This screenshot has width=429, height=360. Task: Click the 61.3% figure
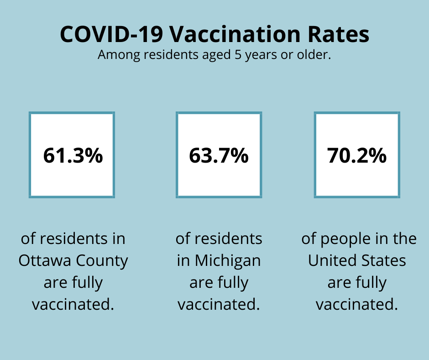[x=73, y=156]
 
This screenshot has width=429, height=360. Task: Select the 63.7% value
[x=219, y=156]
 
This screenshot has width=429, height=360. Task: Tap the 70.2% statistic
[x=356, y=156]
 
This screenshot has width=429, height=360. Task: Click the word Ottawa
[x=44, y=260]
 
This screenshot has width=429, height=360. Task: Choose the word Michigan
[x=228, y=260]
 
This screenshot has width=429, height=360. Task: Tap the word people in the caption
[x=344, y=239]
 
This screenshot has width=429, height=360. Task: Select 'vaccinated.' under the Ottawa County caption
[x=73, y=304]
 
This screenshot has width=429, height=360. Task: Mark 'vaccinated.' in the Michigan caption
[x=219, y=304]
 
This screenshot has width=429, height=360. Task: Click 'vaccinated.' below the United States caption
[x=357, y=304]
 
